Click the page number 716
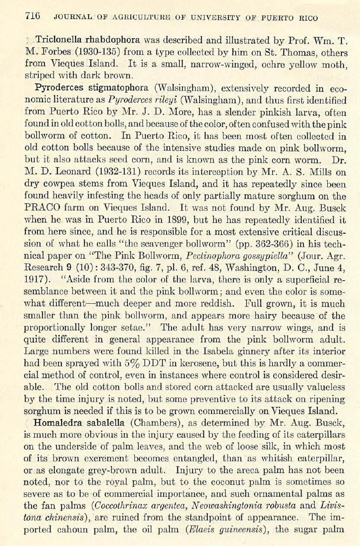point(32,17)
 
